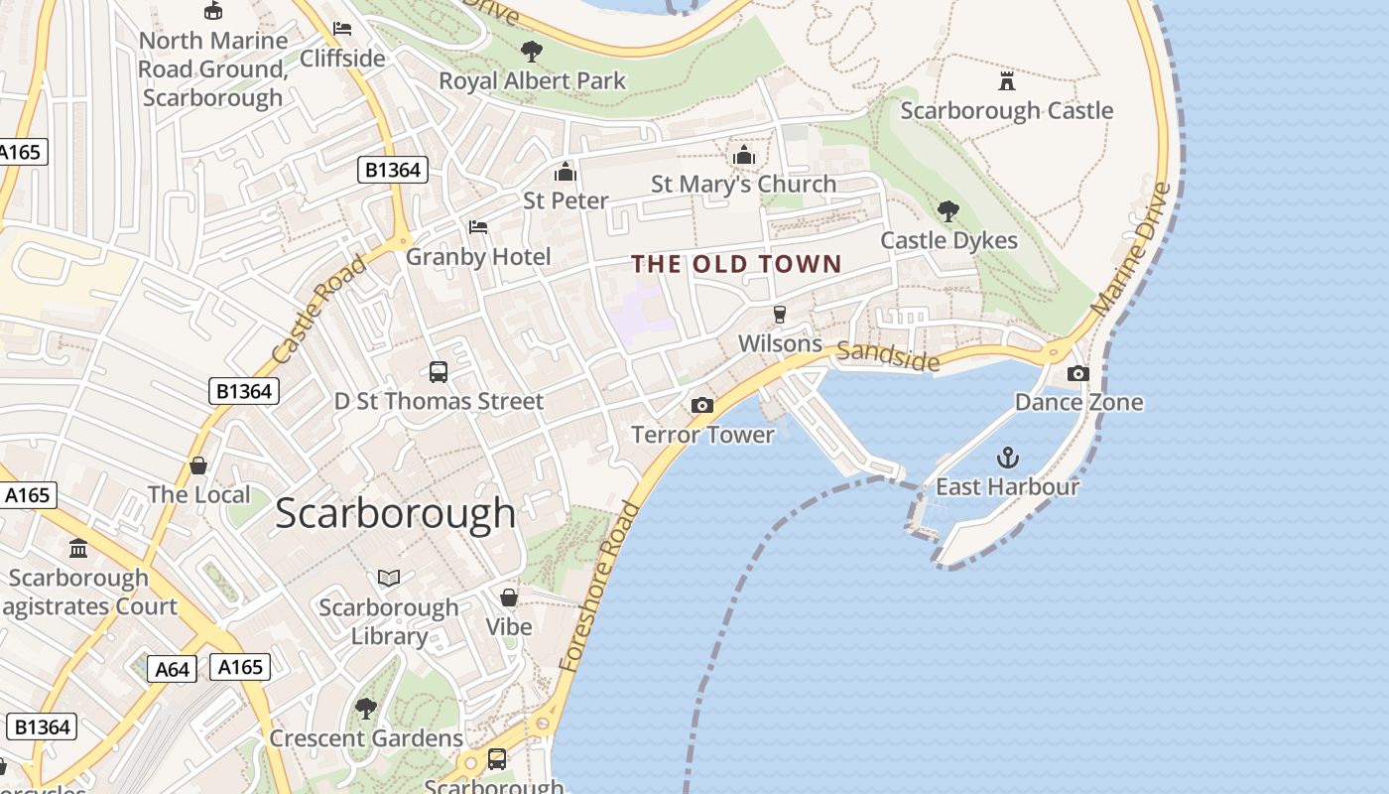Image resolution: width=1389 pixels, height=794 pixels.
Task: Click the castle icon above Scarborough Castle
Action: point(1007,80)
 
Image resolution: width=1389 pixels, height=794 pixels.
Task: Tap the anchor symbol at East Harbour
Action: point(1007,458)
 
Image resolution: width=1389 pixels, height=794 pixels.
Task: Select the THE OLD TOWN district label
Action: point(736,264)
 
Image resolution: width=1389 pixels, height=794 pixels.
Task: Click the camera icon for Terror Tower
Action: point(701,405)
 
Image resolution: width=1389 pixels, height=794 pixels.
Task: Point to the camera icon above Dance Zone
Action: point(1077,373)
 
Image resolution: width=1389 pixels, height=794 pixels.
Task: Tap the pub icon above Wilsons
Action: point(780,315)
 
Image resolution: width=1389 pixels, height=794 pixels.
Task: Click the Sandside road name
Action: point(887,355)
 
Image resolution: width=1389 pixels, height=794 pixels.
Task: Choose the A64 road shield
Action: point(172,669)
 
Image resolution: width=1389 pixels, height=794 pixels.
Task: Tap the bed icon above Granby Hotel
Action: point(478,227)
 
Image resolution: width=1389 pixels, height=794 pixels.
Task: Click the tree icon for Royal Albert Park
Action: point(532,51)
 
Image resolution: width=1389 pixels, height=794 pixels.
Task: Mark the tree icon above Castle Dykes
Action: point(948,210)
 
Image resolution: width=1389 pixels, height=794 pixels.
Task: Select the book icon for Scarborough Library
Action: point(389,578)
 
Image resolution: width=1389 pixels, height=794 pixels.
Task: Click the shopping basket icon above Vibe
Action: point(509,597)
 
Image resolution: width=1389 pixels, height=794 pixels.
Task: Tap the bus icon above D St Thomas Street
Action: point(439,372)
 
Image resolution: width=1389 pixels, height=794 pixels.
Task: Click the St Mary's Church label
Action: point(743,185)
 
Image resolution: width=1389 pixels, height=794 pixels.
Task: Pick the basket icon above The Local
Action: point(198,465)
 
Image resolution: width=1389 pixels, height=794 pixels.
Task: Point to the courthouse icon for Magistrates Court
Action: point(78,548)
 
